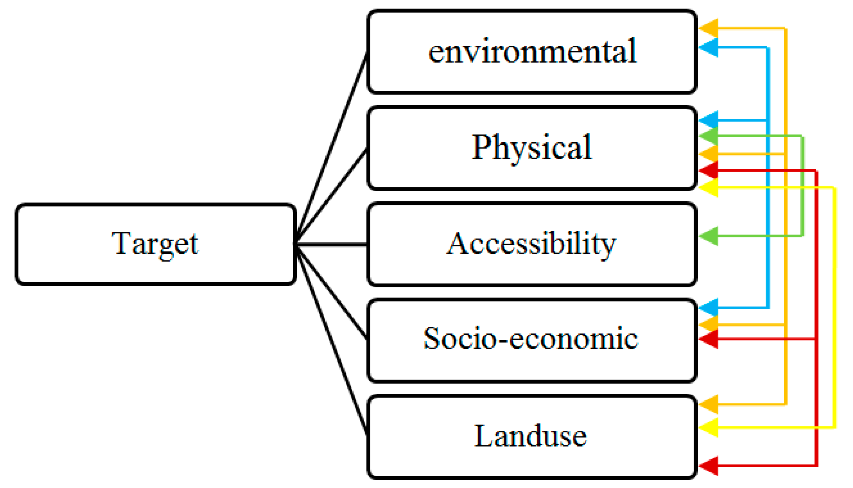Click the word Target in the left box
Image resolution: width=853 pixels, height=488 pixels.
155,244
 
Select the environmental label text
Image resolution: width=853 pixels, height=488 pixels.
532,51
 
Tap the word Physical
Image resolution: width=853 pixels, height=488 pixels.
531,147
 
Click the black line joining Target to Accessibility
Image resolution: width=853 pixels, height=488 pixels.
331,244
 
